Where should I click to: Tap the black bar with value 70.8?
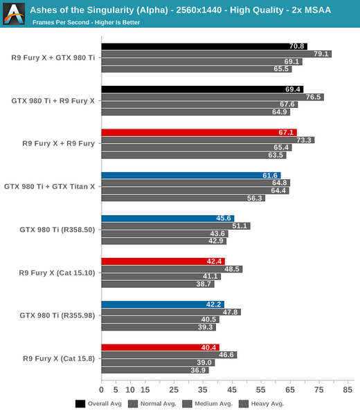pos(204,46)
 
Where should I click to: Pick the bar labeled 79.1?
pos(216,54)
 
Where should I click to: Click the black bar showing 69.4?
pos(202,89)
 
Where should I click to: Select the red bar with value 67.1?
pos(199,132)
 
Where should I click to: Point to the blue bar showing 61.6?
pos(190,176)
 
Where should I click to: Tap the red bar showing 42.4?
pos(163,261)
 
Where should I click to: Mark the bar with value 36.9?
pos(154,370)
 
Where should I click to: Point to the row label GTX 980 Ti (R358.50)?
pos(57,230)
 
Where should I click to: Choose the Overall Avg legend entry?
pos(100,403)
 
